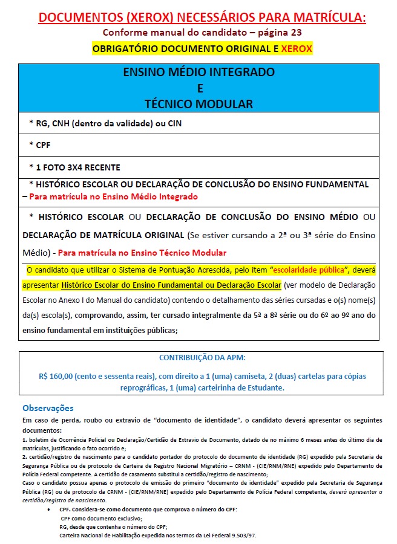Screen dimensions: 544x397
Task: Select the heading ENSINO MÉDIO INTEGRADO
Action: coord(198,73)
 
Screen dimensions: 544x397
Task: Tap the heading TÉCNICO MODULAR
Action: coord(198,103)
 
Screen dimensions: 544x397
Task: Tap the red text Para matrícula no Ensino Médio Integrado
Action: coord(114,196)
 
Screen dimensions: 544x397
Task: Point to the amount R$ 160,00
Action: coord(59,376)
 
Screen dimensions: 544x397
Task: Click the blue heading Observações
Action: coord(48,408)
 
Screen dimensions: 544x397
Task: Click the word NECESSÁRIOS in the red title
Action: coord(195,18)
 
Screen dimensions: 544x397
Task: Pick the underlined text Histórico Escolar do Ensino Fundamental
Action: coord(149,284)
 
